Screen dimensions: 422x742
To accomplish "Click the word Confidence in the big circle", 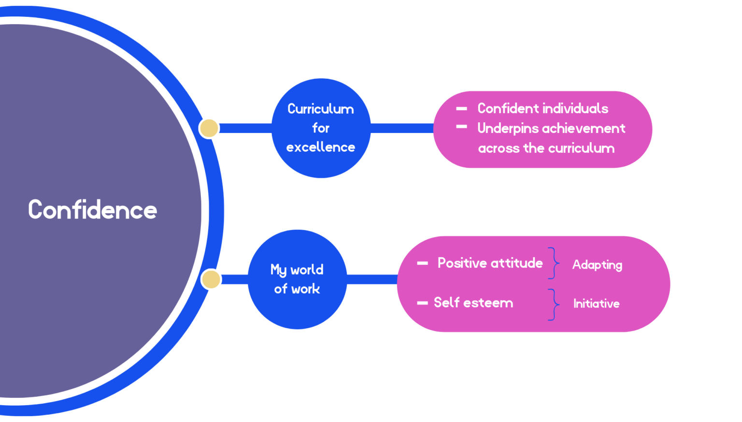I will tap(92, 210).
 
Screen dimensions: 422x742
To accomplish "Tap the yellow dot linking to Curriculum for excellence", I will tap(209, 128).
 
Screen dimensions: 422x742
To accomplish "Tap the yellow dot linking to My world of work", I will tap(211, 279).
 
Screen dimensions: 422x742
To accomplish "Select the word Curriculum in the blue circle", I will tap(321, 109).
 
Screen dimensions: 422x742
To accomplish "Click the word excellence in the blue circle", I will tap(321, 147).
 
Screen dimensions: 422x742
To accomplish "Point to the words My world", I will tap(297, 270).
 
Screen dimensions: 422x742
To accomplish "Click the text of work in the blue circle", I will tap(297, 289).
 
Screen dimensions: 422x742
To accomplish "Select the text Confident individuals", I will tap(542, 108).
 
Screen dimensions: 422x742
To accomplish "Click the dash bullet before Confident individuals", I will tap(461, 109).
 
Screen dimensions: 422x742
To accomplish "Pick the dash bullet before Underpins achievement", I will tap(461, 127).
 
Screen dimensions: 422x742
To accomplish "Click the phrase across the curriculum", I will tap(546, 148).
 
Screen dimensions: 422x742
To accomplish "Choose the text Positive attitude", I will tap(490, 263).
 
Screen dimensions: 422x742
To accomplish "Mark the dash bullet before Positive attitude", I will tap(422, 263).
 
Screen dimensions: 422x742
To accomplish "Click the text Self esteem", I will tap(473, 303).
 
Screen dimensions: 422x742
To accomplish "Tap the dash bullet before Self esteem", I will tap(422, 303).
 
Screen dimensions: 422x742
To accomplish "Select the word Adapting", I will tap(597, 265).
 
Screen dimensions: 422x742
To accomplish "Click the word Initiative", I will tap(596, 304).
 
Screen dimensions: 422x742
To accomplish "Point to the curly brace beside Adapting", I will tap(554, 263).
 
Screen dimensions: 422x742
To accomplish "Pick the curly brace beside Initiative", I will tap(554, 305).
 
